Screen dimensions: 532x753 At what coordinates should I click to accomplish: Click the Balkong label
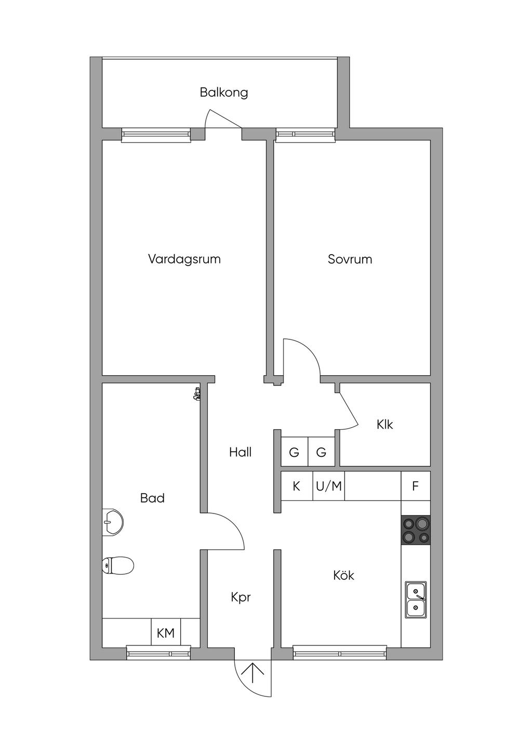point(224,93)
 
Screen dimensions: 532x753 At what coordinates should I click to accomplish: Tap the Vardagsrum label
point(184,259)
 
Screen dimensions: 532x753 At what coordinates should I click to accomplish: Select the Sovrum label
point(350,259)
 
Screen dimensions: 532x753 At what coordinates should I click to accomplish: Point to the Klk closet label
point(384,425)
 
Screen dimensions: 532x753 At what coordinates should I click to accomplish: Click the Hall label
point(241,452)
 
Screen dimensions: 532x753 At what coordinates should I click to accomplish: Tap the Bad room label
point(152,498)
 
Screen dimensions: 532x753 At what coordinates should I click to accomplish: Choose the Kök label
point(343,575)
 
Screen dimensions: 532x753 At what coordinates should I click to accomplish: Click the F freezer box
point(416,486)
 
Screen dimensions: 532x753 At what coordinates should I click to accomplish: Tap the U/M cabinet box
point(329,486)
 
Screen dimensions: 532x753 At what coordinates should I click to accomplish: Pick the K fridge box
point(297,486)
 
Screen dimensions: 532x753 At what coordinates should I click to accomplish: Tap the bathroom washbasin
point(113,522)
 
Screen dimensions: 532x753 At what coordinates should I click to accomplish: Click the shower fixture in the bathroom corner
point(197,394)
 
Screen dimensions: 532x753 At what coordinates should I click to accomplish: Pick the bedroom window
point(305,135)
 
